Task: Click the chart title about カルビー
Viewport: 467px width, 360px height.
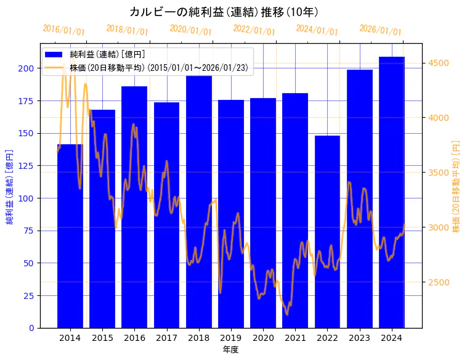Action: click(224, 12)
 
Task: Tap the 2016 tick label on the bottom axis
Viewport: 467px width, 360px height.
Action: click(134, 338)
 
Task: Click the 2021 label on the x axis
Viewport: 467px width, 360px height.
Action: click(295, 338)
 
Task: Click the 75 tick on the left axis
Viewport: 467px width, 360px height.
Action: click(28, 231)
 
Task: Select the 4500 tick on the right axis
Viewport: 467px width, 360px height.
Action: click(437, 63)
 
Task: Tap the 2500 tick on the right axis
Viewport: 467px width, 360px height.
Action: click(437, 282)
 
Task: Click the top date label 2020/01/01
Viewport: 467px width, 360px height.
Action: click(190, 30)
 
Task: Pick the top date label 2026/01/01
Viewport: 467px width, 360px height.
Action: click(380, 30)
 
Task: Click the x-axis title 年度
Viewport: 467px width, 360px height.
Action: click(230, 350)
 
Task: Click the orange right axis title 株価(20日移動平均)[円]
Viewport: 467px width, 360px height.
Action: click(457, 186)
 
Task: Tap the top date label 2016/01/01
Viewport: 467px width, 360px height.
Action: click(63, 30)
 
